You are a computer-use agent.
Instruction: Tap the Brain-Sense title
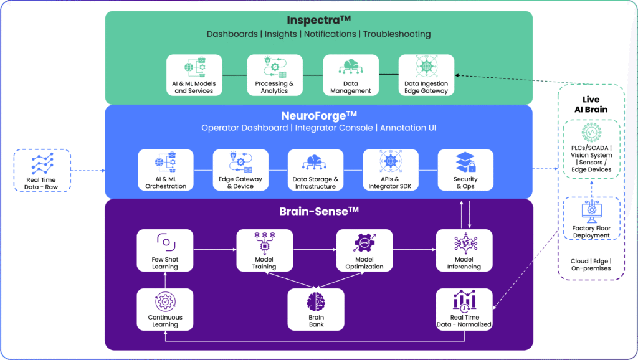click(318, 211)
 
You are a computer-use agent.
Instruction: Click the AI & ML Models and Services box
click(194, 75)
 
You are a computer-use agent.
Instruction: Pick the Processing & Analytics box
click(274, 75)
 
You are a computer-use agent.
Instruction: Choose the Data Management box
click(350, 75)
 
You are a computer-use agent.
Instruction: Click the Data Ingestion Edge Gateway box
click(426, 75)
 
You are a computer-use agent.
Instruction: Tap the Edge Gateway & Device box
click(240, 169)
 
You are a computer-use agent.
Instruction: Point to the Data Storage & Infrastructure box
click(315, 169)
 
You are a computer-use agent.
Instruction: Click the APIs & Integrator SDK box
click(391, 169)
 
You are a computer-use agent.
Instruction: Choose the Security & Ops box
click(465, 169)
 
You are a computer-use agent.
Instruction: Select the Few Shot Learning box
click(165, 250)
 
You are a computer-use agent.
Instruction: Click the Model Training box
click(264, 250)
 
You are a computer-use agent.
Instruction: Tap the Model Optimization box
click(364, 250)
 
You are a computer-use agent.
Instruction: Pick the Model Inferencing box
click(464, 250)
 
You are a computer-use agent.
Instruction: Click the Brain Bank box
click(316, 309)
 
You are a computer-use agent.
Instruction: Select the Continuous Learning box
click(165, 309)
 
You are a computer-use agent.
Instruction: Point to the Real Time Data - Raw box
click(41, 169)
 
